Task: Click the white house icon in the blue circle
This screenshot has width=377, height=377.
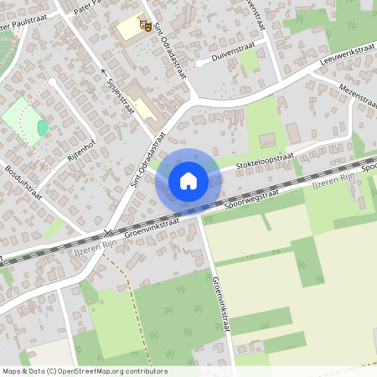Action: (x=188, y=180)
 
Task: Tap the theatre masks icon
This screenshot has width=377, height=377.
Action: (x=145, y=27)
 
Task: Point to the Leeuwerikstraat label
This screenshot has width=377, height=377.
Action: (x=345, y=55)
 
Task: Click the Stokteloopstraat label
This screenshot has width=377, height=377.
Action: (x=265, y=163)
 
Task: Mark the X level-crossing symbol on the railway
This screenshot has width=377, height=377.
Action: (x=106, y=233)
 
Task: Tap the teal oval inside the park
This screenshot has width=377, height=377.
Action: (x=43, y=127)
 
